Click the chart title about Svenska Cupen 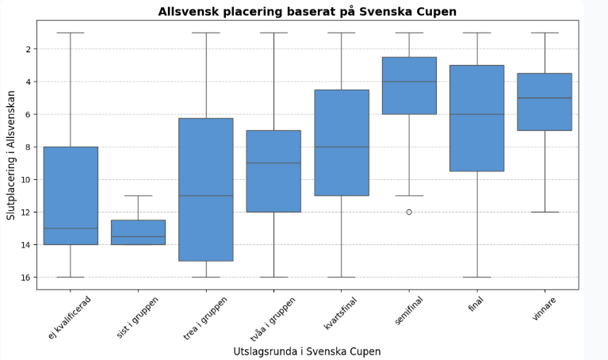(x=308, y=11)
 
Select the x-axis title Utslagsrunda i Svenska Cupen (x=308, y=350)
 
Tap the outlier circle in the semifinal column (x=409, y=212)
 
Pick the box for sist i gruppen (x=138, y=232)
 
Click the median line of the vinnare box (x=545, y=98)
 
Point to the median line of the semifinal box (x=409, y=82)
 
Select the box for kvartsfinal (x=342, y=143)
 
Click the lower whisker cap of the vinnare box (x=545, y=212)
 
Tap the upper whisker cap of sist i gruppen (x=138, y=196)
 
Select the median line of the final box (x=477, y=114)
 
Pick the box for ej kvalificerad (x=71, y=195)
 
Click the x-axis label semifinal (x=407, y=310)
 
